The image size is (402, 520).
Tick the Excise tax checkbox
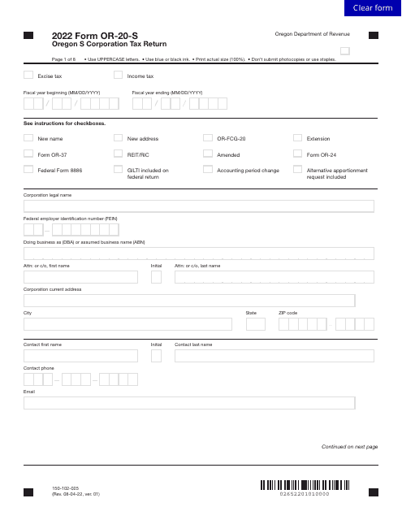pyautogui.click(x=28, y=76)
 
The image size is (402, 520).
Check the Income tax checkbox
pyautogui.click(x=119, y=76)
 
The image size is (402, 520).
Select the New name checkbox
pyautogui.click(x=28, y=139)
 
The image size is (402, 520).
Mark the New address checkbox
pyautogui.click(x=119, y=139)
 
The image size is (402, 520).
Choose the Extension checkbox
pyautogui.click(x=297, y=139)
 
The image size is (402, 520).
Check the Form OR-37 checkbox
pyautogui.click(x=28, y=154)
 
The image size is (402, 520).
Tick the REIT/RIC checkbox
pyautogui.click(x=119, y=154)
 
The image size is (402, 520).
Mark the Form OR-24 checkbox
pyautogui.click(x=297, y=154)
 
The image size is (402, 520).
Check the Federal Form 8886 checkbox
pyautogui.click(x=28, y=170)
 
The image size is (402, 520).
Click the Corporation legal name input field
pyautogui.click(x=198, y=206)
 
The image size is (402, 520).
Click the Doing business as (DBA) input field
pyautogui.click(x=198, y=253)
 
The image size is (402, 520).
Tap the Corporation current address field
pyautogui.click(x=189, y=301)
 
